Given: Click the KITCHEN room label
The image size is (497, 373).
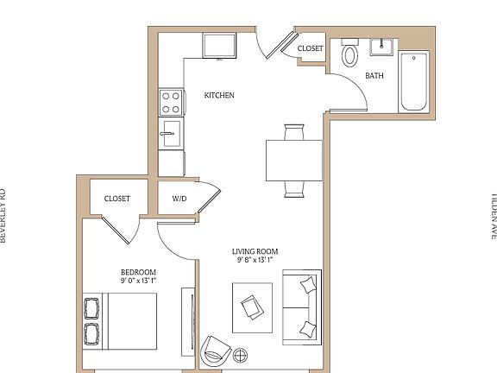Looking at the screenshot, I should [x=219, y=95].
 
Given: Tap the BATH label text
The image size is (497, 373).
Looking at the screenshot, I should [x=374, y=76].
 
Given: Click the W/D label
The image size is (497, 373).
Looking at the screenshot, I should [x=179, y=199].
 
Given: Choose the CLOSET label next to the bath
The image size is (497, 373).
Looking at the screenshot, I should [x=310, y=49].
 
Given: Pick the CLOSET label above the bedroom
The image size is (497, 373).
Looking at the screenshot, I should [x=117, y=199].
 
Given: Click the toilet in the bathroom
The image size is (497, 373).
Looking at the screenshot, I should [x=349, y=55].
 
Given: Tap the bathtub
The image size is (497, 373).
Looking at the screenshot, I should [x=413, y=82].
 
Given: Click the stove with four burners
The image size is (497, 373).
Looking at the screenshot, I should [x=171, y=103].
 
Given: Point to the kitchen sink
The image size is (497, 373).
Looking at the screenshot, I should [x=171, y=131].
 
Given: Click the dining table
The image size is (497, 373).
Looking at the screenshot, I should [x=293, y=159].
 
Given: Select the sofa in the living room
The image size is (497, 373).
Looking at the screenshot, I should [x=302, y=306].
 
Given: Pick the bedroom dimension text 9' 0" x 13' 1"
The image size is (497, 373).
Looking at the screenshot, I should [x=138, y=281].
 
